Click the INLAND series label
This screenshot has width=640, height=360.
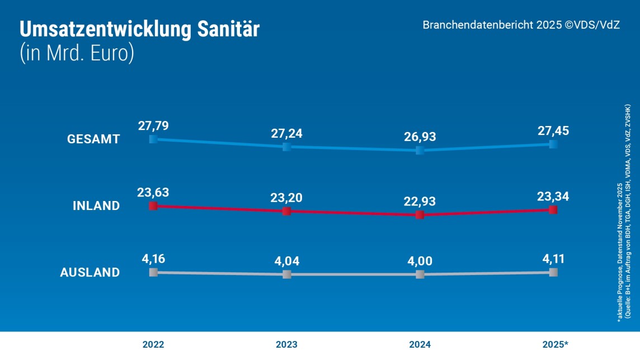[x=96, y=206]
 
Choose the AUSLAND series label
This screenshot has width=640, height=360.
[x=90, y=273]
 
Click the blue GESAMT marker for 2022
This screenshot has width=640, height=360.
[x=153, y=139]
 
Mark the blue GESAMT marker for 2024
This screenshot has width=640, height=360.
[x=420, y=150]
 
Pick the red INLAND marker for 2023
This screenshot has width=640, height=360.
[x=287, y=211]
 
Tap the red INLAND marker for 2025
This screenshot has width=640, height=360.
[x=553, y=209]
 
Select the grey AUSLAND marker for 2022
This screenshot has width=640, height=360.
[x=153, y=272]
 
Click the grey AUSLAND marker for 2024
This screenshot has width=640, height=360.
[x=420, y=274]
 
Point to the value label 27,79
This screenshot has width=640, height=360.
[x=153, y=125]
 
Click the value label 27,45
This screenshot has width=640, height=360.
[x=553, y=130]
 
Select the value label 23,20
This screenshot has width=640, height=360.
[x=287, y=198]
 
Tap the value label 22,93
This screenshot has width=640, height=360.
[x=420, y=202]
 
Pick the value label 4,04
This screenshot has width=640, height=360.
[x=287, y=261]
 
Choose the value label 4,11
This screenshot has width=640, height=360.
[x=553, y=259]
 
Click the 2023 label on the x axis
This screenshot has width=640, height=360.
[x=287, y=344]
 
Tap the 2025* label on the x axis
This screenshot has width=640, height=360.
[x=554, y=344]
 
